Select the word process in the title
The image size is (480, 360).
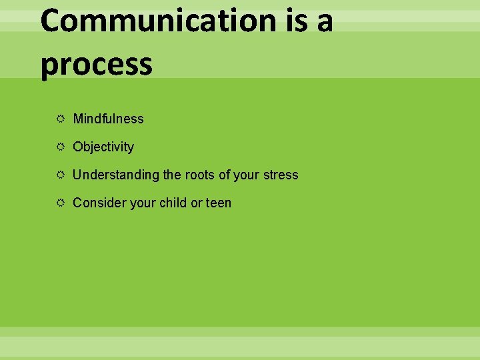(x=97, y=65)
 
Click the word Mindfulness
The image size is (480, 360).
(x=108, y=119)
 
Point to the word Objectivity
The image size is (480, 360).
(x=103, y=147)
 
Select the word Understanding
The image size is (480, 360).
(x=116, y=175)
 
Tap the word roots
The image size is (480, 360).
(x=199, y=175)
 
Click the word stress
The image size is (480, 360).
(x=280, y=175)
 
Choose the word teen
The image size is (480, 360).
(x=219, y=203)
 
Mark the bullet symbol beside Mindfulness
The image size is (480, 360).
(x=60, y=119)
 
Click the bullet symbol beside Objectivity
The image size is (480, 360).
(x=60, y=147)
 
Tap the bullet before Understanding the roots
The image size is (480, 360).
(x=60, y=175)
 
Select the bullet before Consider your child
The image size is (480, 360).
(x=60, y=203)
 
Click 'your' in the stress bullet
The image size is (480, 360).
(x=245, y=175)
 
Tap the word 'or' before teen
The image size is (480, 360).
(x=196, y=203)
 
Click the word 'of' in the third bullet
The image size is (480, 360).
(x=224, y=175)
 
